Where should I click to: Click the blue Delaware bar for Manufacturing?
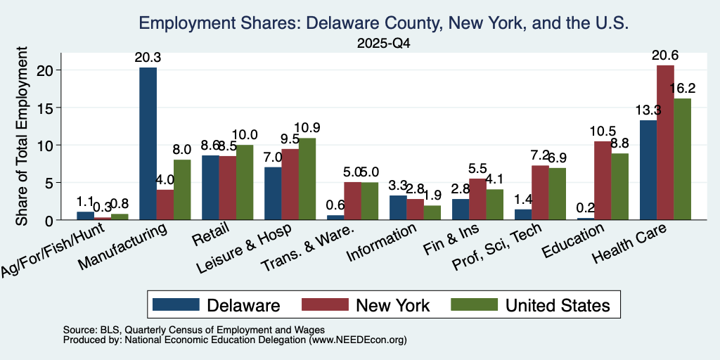148,143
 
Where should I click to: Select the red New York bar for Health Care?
665,142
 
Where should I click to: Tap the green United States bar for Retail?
245,182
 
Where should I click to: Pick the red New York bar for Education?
603,181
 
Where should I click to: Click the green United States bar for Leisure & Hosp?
307,179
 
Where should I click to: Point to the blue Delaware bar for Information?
398,207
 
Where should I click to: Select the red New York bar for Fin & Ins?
477,199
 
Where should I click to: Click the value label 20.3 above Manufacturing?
148,58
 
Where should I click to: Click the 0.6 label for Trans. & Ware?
335,205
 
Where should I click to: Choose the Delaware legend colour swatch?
176,304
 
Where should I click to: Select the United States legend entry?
530,305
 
